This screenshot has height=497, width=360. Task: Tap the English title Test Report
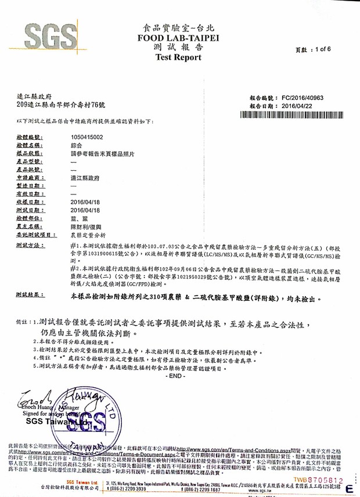click(x=178, y=57)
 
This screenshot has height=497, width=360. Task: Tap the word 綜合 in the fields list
click(x=76, y=145)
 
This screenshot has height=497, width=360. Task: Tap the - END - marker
click(x=174, y=375)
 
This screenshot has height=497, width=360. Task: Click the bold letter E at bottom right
click(x=349, y=489)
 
